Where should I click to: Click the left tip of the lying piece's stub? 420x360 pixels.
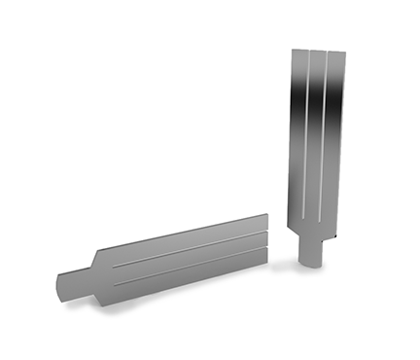[56, 287]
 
